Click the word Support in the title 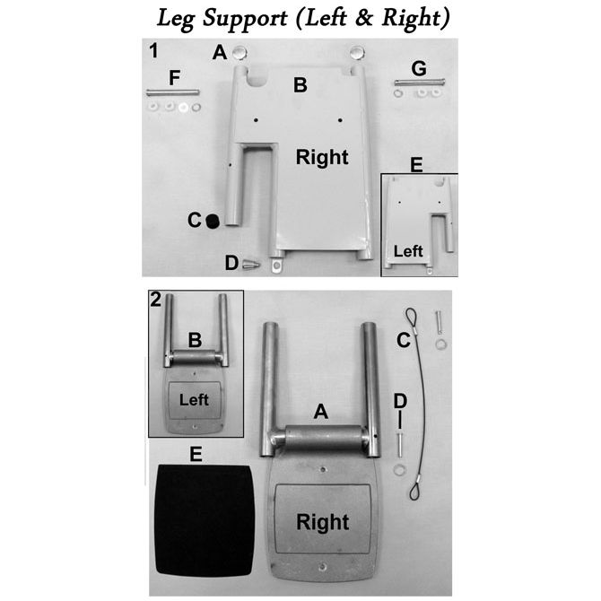click(245, 19)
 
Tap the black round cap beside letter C click(212, 222)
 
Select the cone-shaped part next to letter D click(251, 264)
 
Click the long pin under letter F click(172, 92)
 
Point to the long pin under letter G click(420, 82)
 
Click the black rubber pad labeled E click(205, 520)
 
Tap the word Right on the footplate click(323, 522)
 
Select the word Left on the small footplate click(194, 400)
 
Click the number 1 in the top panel click(153, 51)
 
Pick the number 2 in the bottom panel click(156, 300)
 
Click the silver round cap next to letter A click(240, 53)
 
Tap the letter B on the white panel click(300, 85)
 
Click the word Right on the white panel click(322, 157)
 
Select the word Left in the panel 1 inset click(408, 251)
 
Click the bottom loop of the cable click(415, 490)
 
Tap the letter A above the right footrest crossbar click(321, 412)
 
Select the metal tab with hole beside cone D click(276, 265)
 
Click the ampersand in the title click(364, 19)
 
